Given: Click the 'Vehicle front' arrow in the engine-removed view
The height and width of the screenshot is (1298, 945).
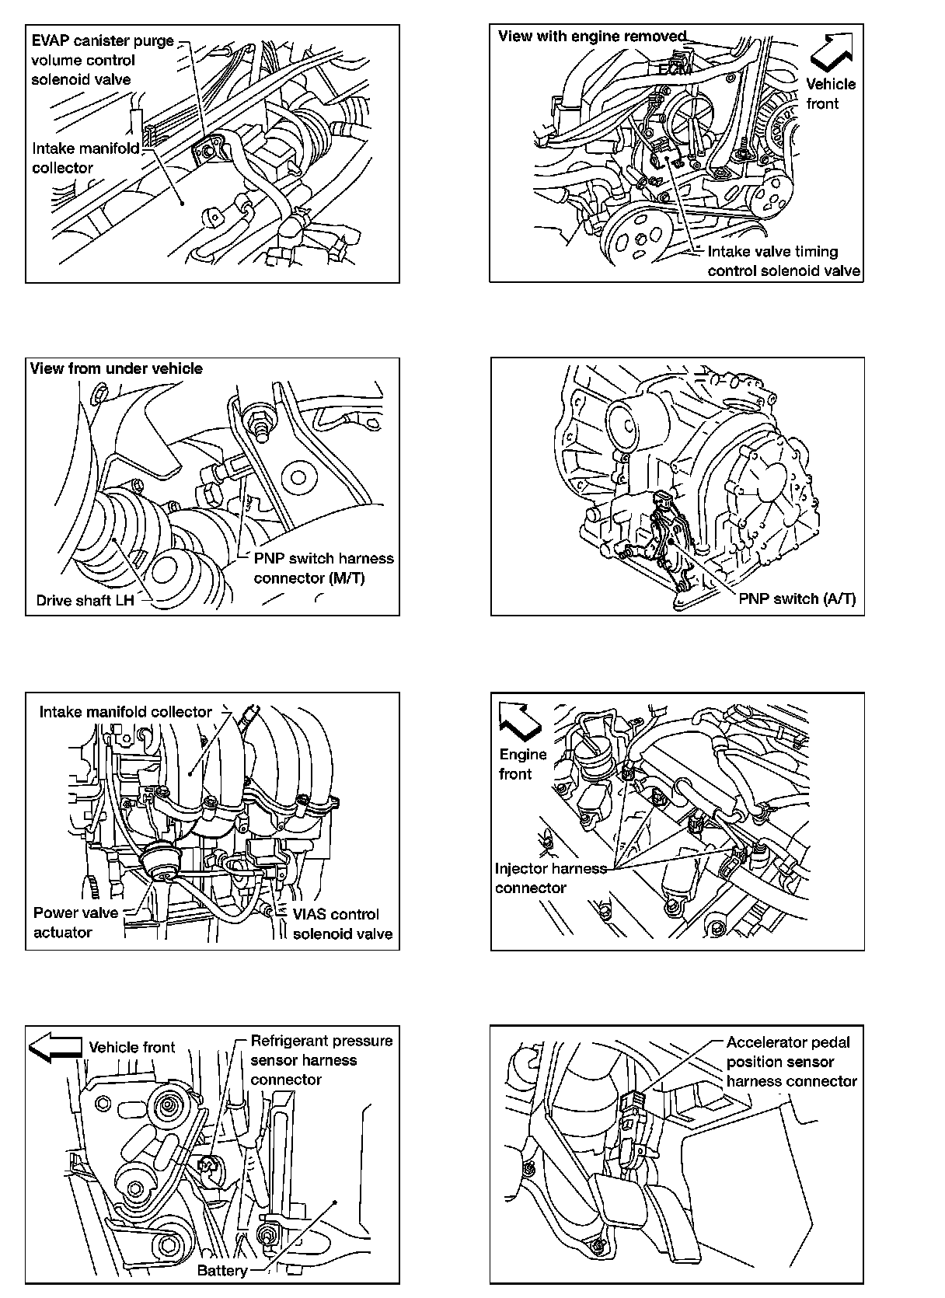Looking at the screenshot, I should [832, 52].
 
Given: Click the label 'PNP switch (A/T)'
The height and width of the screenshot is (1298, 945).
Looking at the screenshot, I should [797, 598].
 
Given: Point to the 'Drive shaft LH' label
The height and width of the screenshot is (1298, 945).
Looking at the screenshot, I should [85, 600].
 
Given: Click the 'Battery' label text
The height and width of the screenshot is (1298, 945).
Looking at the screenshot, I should [221, 1270].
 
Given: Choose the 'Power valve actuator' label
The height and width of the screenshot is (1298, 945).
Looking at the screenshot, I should [75, 923].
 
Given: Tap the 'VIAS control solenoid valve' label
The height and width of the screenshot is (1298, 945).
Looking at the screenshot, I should [342, 923].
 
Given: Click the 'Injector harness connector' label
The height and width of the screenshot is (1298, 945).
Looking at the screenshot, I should [549, 878].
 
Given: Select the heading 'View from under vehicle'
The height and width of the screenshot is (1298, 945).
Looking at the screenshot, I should [117, 368].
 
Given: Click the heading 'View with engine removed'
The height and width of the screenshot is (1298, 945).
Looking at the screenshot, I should [592, 36].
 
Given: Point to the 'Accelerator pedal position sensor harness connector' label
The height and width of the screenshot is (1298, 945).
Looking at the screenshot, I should [791, 1062].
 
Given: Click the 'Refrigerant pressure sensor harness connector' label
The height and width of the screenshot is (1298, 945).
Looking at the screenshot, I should [321, 1060].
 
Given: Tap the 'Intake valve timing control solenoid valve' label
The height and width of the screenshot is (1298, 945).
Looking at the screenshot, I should [783, 261].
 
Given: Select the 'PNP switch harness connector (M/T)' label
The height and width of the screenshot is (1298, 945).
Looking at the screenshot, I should [323, 568].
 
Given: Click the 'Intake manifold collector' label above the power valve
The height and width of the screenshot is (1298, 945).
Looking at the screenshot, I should [125, 712].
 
